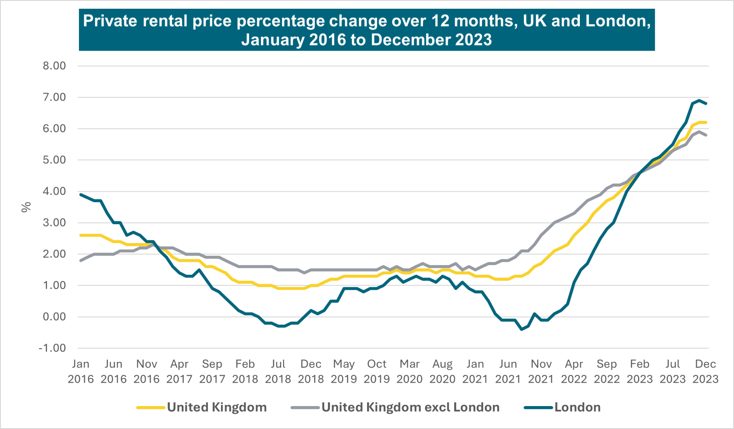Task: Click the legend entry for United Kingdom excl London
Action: point(410,407)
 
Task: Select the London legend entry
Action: point(577,407)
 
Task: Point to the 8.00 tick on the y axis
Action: point(54,66)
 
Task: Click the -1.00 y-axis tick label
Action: point(52,348)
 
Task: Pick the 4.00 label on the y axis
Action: point(54,191)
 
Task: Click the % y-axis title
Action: point(27,207)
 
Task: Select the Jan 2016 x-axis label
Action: point(81,371)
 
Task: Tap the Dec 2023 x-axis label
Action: point(705,371)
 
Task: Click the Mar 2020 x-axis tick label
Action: point(410,371)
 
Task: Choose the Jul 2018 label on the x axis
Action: point(278,371)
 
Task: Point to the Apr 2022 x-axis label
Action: point(574,371)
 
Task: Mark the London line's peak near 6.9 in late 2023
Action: point(699,100)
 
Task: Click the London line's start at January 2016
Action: point(81,194)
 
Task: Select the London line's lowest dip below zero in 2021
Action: point(522,329)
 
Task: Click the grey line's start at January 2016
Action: point(81,260)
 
